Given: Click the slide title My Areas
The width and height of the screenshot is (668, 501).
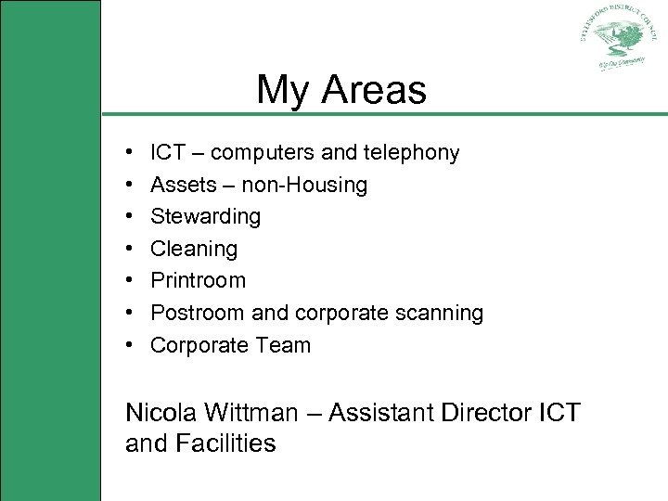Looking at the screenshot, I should pyautogui.click(x=340, y=90).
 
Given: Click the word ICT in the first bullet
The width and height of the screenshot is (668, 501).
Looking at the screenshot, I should pyautogui.click(x=167, y=152).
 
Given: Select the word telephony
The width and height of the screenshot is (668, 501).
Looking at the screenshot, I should pyautogui.click(x=412, y=152).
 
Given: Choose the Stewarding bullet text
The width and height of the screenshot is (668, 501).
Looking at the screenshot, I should pyautogui.click(x=205, y=217).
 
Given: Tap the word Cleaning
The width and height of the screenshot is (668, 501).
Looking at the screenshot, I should pyautogui.click(x=194, y=249).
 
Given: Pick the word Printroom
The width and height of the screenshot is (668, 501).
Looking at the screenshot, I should pyautogui.click(x=198, y=280).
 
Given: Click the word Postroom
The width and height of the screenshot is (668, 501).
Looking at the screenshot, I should pyautogui.click(x=194, y=313).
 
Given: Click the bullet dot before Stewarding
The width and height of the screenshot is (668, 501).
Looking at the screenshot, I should pyautogui.click(x=129, y=217).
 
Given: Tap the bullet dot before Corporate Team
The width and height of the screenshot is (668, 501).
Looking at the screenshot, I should pyautogui.click(x=129, y=345).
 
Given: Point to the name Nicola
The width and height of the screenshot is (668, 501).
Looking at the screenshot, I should pyautogui.click(x=161, y=412).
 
